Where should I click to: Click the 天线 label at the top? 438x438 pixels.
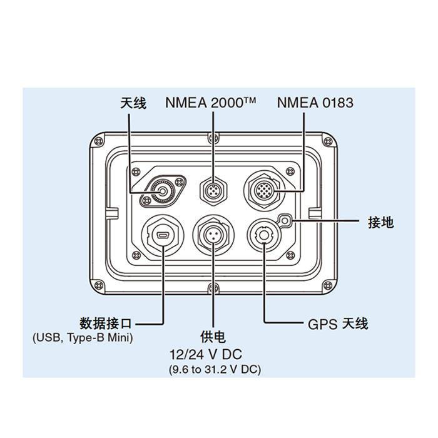coord(133,103)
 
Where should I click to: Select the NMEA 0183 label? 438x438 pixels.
coord(315,103)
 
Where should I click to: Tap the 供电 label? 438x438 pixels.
coord(213,339)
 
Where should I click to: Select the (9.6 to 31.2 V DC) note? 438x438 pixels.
coord(215,369)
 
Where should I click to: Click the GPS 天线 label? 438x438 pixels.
coord(338,324)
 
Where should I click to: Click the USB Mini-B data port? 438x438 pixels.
coord(163,236)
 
